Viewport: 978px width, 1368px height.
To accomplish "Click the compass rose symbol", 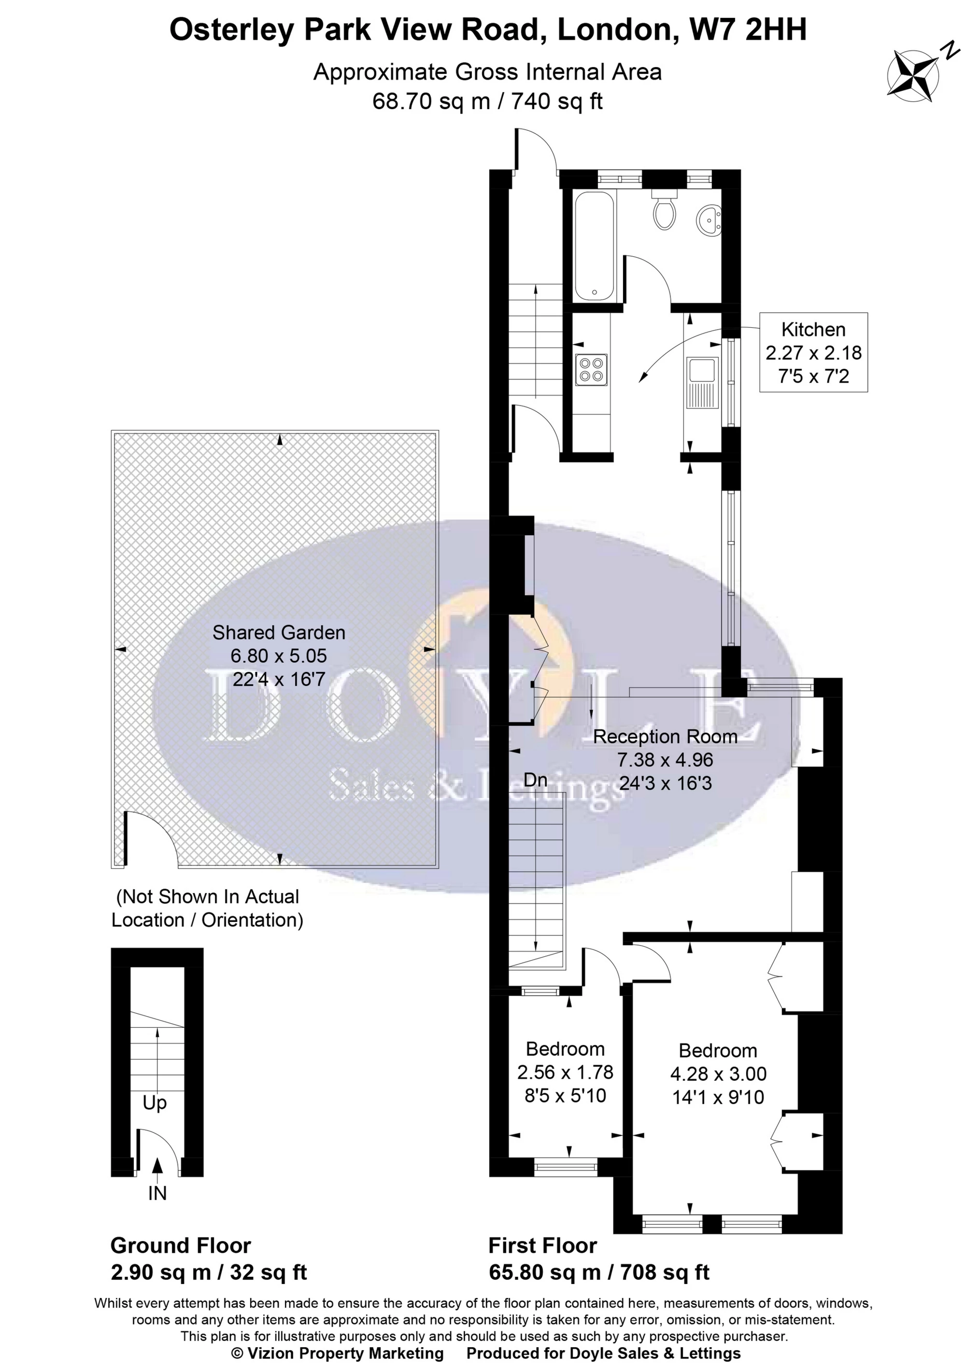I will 912,75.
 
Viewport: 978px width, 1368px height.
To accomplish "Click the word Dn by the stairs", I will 536,781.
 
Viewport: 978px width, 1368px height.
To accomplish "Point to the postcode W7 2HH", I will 747,29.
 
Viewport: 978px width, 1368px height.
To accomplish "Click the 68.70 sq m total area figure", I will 431,101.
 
